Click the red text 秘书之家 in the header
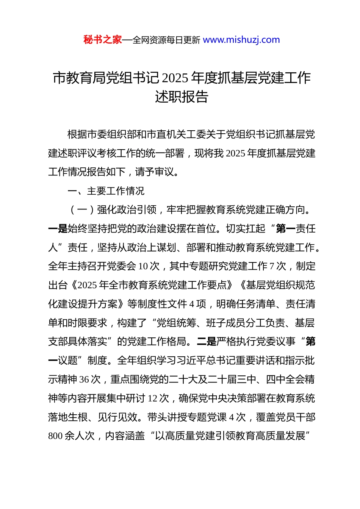[103, 40]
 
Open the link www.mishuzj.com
[241, 40]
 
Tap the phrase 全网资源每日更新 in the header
[166, 40]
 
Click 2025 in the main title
[175, 78]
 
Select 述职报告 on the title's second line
[182, 97]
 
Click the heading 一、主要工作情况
[106, 191]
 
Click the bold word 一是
[58, 229]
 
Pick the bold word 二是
[206, 342]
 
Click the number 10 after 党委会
[143, 266]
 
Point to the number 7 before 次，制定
[271, 266]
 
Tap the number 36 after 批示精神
[84, 379]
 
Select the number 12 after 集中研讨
[152, 398]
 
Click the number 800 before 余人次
[55, 436]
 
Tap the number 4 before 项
[192, 304]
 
